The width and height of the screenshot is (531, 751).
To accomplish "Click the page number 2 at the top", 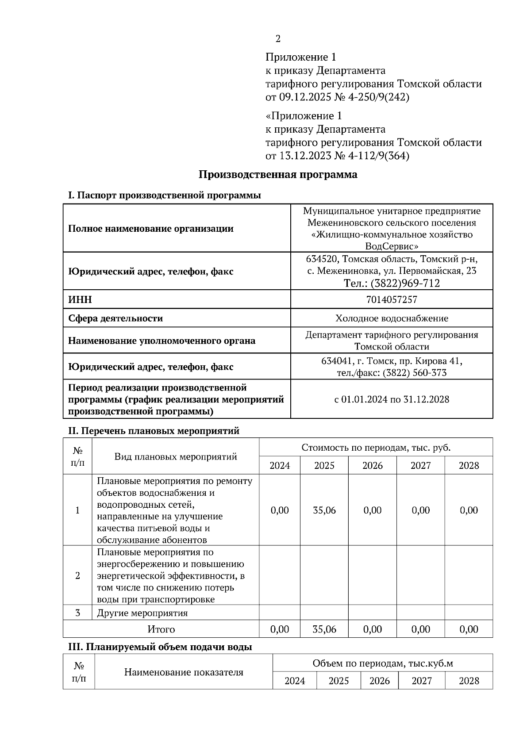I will [x=278, y=39].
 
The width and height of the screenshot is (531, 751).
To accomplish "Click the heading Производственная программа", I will [x=277, y=174].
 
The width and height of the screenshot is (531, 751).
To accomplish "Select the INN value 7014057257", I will [x=392, y=299].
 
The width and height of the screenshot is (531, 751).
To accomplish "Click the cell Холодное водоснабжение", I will [x=392, y=318].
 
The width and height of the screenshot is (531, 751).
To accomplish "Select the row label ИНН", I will [x=80, y=299].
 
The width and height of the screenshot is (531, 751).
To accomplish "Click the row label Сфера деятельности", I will [x=115, y=318].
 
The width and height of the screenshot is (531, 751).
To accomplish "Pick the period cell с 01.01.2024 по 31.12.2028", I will [x=392, y=399].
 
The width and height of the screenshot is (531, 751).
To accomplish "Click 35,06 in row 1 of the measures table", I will [x=324, y=510].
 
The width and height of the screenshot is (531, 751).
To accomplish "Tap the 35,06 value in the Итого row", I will [x=324, y=629].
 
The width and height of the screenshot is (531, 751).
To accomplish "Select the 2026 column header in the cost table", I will [x=373, y=465].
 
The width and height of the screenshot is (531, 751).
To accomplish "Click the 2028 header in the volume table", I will [x=469, y=681].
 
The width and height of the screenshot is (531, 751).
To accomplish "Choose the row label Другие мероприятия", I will [x=142, y=613].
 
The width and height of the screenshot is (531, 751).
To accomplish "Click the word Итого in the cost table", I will [x=161, y=629].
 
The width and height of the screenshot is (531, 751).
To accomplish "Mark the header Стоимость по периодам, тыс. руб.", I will [x=376, y=447].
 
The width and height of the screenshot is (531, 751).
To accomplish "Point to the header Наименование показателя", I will [x=184, y=672].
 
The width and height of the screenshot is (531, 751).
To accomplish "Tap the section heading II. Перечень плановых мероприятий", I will [x=154, y=430].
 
